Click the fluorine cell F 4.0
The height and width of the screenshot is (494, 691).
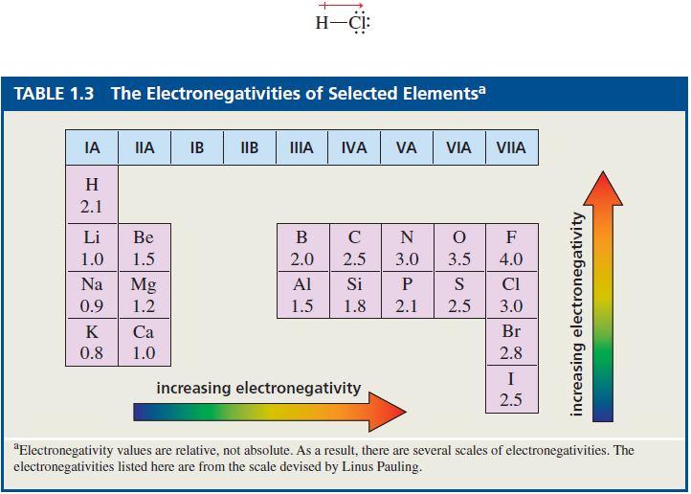[x=511, y=247]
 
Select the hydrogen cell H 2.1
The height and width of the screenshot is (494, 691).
[x=92, y=194]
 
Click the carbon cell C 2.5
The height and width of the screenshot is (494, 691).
[x=354, y=247]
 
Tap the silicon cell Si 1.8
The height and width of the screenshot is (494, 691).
[x=354, y=295]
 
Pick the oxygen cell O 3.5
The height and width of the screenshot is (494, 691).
[x=458, y=247]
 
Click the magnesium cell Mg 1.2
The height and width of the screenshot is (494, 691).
[x=144, y=295]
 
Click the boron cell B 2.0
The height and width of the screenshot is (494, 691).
[x=301, y=247]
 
